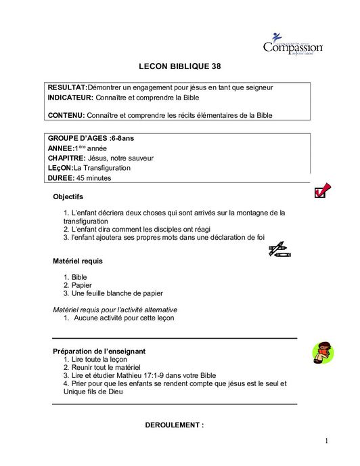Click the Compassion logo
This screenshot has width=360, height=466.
pos(292,45)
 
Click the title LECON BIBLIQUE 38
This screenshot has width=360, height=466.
pos(179,68)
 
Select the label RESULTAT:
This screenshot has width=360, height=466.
pos(68,88)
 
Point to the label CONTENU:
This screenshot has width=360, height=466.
pos(66,116)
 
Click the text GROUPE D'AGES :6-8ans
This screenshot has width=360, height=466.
pos(91,138)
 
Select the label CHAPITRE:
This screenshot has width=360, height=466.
pos(66,158)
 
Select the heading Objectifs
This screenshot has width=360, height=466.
pos(68,197)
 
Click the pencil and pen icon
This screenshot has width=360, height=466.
pos(279,250)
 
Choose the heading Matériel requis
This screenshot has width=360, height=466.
pos(78,261)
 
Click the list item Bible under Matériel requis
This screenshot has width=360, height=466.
pos(79,277)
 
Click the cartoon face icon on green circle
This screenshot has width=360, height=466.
pos(322,352)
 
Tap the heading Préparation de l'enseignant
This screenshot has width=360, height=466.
pos(99,351)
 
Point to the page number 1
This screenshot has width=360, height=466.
pos(326,442)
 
